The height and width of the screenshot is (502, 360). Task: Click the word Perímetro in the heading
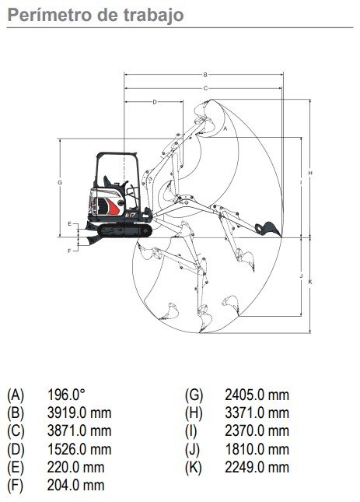click(49, 16)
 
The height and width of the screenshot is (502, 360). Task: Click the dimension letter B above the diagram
click(205, 75)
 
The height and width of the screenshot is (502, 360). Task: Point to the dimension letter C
click(205, 88)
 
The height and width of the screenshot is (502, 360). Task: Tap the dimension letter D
click(155, 102)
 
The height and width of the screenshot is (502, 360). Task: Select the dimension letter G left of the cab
click(60, 182)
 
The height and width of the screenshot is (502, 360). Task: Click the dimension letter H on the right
click(309, 174)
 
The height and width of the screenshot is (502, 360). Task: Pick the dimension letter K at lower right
click(309, 282)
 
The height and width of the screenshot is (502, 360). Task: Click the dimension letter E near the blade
click(70, 224)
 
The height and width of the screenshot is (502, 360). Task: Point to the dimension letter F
click(70, 251)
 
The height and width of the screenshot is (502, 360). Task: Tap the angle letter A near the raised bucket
click(225, 128)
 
